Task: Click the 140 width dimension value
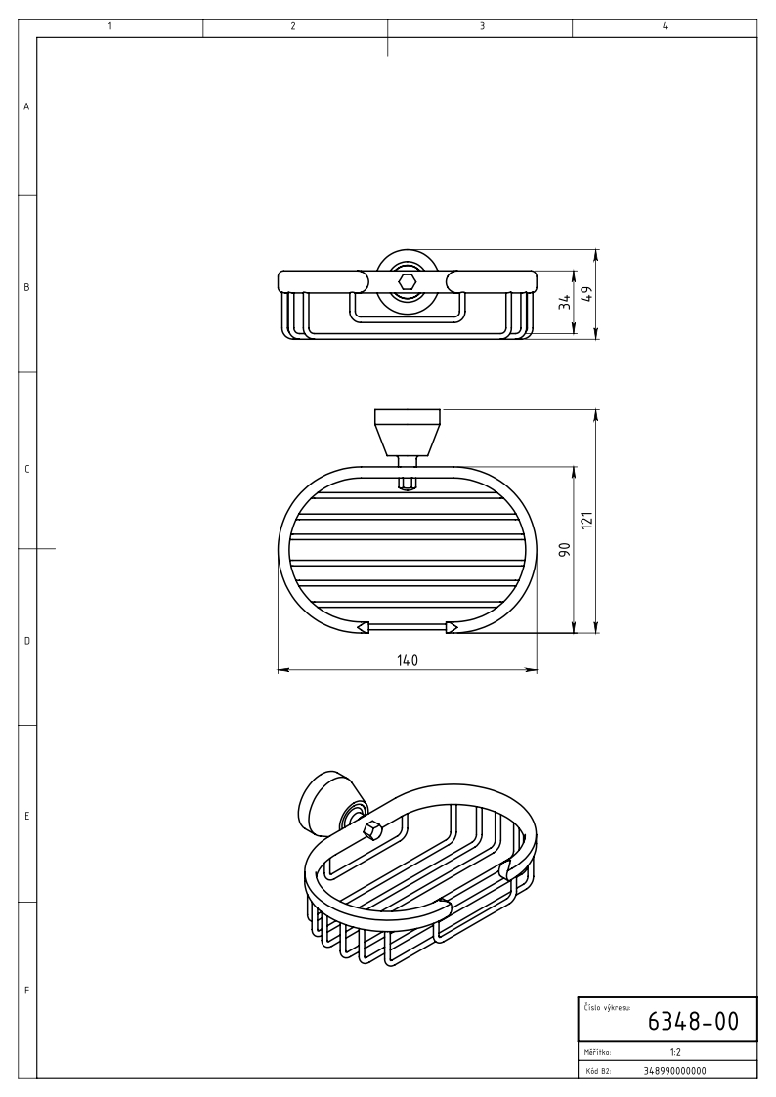(x=408, y=660)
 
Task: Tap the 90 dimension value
(x=565, y=549)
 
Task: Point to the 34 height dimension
(x=565, y=302)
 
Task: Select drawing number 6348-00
(x=693, y=1022)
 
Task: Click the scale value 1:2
(x=675, y=1051)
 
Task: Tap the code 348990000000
(x=674, y=1071)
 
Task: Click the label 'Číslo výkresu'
(x=607, y=1008)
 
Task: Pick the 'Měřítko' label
(x=597, y=1051)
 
